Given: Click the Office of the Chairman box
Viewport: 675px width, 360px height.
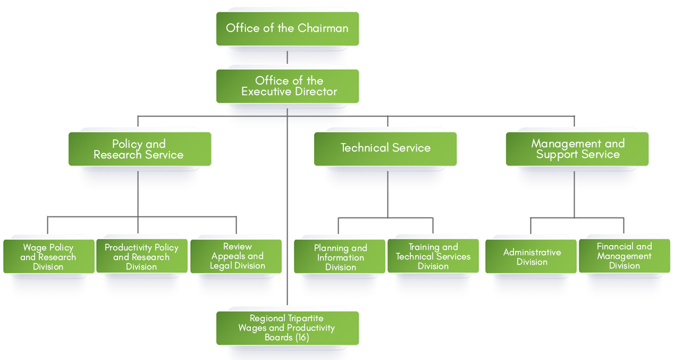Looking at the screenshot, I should point(287,28).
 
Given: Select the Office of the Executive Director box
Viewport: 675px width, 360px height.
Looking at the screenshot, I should point(287,86).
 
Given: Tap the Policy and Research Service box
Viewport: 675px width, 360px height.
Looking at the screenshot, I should point(139,149).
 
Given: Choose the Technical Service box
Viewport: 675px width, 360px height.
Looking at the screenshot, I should point(385,148).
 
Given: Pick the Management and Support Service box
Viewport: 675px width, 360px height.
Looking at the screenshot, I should point(577,149).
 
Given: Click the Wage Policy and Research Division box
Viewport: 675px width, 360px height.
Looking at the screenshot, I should point(48,257).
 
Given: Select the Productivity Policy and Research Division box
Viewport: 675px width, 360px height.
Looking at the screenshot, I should point(141,257).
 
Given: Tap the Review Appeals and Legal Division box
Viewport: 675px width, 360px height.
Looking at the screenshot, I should point(237,256).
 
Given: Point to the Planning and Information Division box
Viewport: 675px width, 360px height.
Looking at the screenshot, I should point(340,257).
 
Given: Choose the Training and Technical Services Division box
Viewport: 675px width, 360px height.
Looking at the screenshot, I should point(433,256).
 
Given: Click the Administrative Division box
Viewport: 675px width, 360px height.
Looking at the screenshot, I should point(531,257).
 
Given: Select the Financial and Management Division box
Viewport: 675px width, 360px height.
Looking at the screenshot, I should point(624,256).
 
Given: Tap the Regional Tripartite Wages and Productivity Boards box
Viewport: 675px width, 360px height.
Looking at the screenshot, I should point(287,328).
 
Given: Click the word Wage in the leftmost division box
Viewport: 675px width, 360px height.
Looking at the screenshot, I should point(35,248).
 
